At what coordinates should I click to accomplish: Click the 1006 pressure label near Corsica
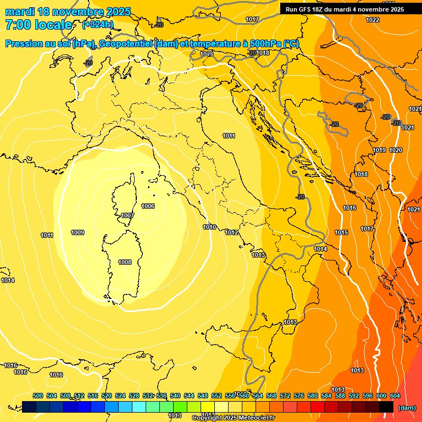pyautogui.click(x=148, y=207)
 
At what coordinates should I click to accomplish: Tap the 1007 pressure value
pyautogui.click(x=127, y=216)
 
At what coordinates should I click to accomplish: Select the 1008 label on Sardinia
pyautogui.click(x=125, y=263)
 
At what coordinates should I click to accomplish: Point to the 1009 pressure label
pyautogui.click(x=77, y=233)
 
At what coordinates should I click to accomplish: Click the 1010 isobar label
pyautogui.click(x=209, y=227)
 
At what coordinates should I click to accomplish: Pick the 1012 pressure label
pyautogui.click(x=231, y=233)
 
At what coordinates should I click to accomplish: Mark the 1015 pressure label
pyautogui.click(x=341, y=233)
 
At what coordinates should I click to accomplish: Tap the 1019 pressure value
pyautogui.click(x=379, y=151)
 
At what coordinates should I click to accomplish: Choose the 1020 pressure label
pyautogui.click(x=396, y=151)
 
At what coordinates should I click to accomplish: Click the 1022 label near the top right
pyautogui.click(x=373, y=20)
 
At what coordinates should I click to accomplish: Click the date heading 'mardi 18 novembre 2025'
pyautogui.click(x=68, y=12)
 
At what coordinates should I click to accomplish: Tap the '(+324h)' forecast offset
pyautogui.click(x=98, y=25)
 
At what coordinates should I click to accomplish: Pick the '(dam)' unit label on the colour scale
pyautogui.click(x=406, y=408)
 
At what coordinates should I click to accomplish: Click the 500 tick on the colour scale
pyautogui.click(x=38, y=396)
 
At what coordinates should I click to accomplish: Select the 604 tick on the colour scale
pyautogui.click(x=395, y=396)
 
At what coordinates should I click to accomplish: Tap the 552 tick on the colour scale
pyautogui.click(x=216, y=396)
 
